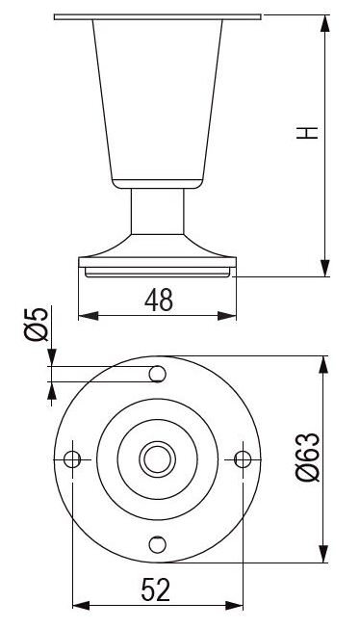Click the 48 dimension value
tap(159, 300)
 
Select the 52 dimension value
tap(156, 589)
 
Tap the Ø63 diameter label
tap(308, 457)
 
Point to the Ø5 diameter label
tap(37, 325)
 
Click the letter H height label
tap(307, 133)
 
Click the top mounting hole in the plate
tap(157, 374)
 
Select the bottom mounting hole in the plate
tap(157, 545)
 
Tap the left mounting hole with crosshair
tap(72, 459)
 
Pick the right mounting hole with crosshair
tap(243, 459)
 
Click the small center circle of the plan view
tap(157, 459)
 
